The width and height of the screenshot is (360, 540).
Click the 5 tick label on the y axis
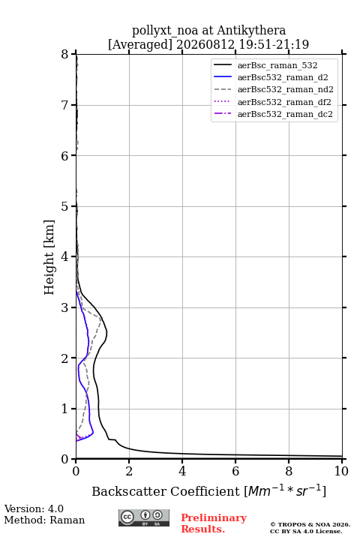(x=65, y=206)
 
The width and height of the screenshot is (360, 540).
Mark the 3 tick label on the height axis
(x=65, y=307)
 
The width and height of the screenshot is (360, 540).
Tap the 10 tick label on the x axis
(x=341, y=471)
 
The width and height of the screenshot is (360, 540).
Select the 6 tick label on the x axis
(x=235, y=471)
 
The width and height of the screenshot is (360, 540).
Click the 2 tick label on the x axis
(x=129, y=471)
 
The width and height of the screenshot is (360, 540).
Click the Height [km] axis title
(x=49, y=257)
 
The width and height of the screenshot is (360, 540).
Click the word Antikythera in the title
(x=251, y=30)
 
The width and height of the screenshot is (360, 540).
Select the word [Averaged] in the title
(x=140, y=44)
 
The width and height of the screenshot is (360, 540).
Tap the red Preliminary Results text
(x=214, y=523)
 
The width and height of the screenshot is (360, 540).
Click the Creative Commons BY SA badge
(x=144, y=517)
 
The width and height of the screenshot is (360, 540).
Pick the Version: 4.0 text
(x=34, y=508)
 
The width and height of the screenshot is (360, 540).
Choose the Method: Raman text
(x=44, y=520)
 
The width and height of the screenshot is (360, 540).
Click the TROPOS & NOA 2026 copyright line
(x=310, y=524)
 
